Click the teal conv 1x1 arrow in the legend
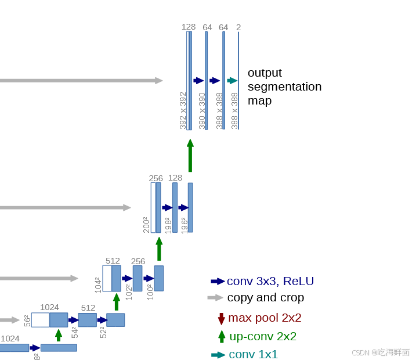point(218,355)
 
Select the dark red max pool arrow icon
point(221,318)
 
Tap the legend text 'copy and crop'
point(265,298)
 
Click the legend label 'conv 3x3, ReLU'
point(270,282)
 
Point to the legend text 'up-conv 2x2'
point(263,336)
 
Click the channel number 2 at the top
point(238,27)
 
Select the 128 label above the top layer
point(189,27)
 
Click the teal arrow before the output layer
point(233,81)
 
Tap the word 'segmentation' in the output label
point(284,87)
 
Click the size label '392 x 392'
point(183,110)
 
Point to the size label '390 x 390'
point(202,110)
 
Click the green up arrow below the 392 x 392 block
point(190,155)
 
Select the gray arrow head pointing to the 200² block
point(127,207)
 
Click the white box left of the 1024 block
point(40,320)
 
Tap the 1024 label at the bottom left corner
point(10,339)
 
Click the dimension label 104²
point(98,284)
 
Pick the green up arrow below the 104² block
point(117,302)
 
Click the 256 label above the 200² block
point(156,178)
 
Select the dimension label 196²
point(185,225)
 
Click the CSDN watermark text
point(381,352)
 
